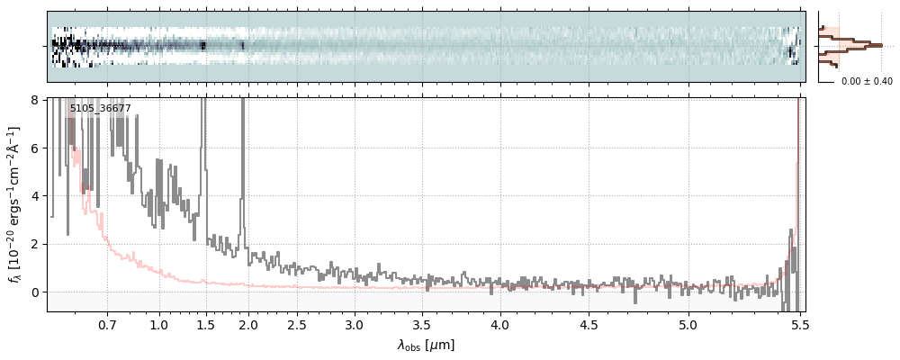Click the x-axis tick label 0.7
(107, 324)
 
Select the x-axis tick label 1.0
(159, 324)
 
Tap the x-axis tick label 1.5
(206, 324)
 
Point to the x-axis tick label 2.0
(247, 324)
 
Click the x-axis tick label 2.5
(298, 324)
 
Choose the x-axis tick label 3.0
(355, 324)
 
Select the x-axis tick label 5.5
(797, 324)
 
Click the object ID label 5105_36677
(100, 109)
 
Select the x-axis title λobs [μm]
(426, 345)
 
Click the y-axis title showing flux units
(15, 203)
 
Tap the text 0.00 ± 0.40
(867, 81)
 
